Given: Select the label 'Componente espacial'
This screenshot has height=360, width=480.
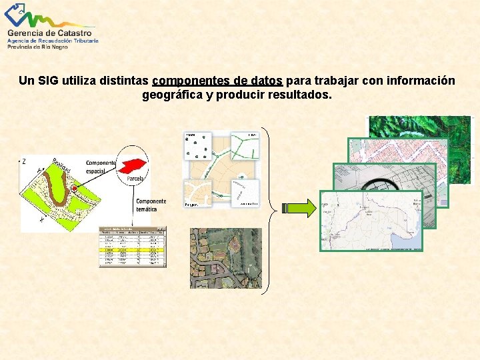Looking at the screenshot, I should coord(101,167).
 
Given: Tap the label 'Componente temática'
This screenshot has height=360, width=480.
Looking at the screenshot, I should coord(151,205).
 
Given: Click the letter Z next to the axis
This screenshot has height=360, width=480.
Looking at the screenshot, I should coord(24,161).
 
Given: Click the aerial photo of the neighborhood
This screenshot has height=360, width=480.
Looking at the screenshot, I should coord(225,257).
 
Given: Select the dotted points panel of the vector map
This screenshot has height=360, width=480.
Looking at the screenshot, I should coord(199,145).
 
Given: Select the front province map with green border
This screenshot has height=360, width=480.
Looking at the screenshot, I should coord(371,221).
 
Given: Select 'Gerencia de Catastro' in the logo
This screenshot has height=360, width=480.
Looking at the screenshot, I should coord(51,32).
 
